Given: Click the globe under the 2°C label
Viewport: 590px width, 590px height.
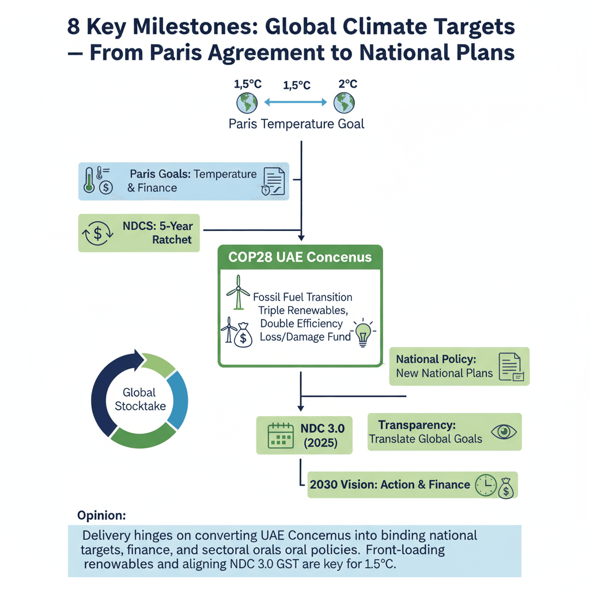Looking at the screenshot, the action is coord(344,103).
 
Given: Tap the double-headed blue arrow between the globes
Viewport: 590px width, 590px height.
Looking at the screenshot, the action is coord(296,102).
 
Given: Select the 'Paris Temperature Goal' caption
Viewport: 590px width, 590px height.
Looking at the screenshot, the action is coord(296,124).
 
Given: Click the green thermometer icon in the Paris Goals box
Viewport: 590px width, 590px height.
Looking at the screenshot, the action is coord(89,180).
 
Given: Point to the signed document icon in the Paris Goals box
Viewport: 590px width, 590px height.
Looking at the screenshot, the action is coord(274,181).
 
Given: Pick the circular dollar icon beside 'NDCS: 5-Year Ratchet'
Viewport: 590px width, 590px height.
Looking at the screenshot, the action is coord(98,233).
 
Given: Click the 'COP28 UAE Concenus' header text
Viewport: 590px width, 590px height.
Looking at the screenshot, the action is coord(300,257).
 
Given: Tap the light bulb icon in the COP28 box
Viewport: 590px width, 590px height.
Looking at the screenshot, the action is coord(363,332).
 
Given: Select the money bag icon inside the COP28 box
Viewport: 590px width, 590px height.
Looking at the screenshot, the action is coord(243,335).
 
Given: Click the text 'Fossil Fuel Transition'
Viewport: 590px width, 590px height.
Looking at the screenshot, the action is coord(302,297).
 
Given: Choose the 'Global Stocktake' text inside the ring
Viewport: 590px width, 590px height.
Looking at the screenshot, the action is coord(140,399).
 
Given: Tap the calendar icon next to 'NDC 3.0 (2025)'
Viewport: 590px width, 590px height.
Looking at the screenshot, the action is coord(281,436).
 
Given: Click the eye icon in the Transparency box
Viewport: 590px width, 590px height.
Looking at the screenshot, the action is coord(504,432).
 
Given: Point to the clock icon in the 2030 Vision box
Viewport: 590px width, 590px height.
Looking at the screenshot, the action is coord(486,485).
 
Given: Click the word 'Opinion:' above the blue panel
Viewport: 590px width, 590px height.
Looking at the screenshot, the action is coord(101,515).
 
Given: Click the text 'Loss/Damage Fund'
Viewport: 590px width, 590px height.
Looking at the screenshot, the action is coord(305,336).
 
